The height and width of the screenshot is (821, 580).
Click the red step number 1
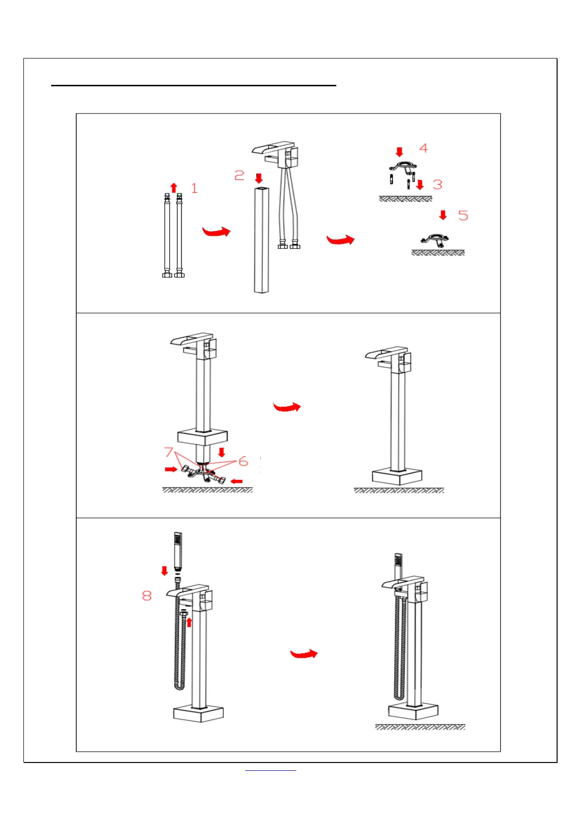pyautogui.click(x=194, y=188)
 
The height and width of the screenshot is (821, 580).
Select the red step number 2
pyautogui.click(x=239, y=176)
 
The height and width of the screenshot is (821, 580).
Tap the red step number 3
pyautogui.click(x=438, y=185)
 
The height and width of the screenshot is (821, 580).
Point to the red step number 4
pyautogui.click(x=424, y=148)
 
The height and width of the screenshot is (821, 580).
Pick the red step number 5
pyautogui.click(x=463, y=215)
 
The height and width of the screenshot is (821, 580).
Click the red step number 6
pyautogui.click(x=243, y=461)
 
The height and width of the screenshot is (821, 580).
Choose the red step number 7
pyautogui.click(x=169, y=452)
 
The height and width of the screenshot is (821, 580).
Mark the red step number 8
pyautogui.click(x=147, y=596)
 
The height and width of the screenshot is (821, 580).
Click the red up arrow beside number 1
pyautogui.click(x=174, y=188)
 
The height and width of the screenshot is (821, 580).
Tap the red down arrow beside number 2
pyautogui.click(x=259, y=178)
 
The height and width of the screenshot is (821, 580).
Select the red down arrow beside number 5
pyautogui.click(x=443, y=215)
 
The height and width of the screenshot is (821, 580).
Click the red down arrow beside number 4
pyautogui.click(x=400, y=152)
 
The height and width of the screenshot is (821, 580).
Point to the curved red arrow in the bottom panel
pyautogui.click(x=304, y=654)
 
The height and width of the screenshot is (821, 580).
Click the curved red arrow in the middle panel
pyautogui.click(x=287, y=407)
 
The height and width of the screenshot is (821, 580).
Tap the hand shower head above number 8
pyautogui.click(x=178, y=551)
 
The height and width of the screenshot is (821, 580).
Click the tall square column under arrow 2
pyautogui.click(x=261, y=239)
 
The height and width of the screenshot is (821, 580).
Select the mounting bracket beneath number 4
pyautogui.click(x=403, y=167)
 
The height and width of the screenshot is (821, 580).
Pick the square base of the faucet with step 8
pyautogui.click(x=198, y=714)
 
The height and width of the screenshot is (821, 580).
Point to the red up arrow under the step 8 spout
pyautogui.click(x=189, y=622)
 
